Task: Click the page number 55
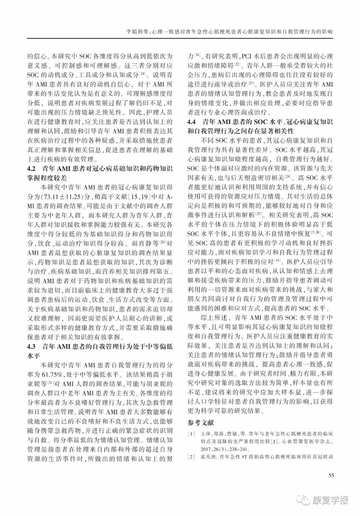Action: coord(331,475)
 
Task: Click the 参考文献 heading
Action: coord(200,423)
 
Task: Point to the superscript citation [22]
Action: coord(238,63)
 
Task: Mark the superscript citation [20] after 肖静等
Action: coord(164,241)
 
